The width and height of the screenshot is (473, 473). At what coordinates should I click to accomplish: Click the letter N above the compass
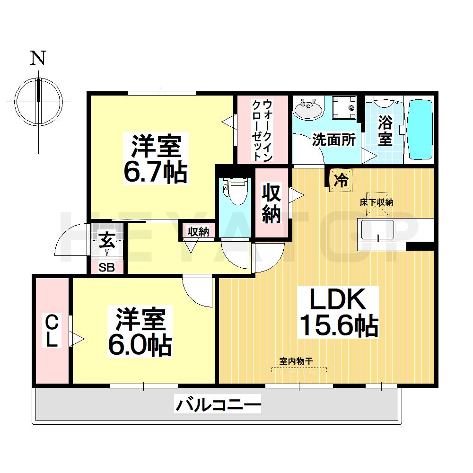coord(38,59)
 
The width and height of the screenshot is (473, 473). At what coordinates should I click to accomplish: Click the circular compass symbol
coord(38,101)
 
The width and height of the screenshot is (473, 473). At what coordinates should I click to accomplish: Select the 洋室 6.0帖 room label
coord(140,332)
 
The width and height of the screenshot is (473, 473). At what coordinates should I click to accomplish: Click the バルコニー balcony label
coord(219,405)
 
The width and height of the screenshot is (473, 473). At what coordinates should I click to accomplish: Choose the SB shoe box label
coord(106,268)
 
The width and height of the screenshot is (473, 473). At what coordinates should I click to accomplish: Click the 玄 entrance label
coord(106,241)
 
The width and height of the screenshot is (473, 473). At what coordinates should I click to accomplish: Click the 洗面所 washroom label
coord(333,140)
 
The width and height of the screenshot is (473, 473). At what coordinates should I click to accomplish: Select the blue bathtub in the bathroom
coord(420,129)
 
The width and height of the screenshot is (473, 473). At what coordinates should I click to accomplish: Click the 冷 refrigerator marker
coord(341,180)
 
